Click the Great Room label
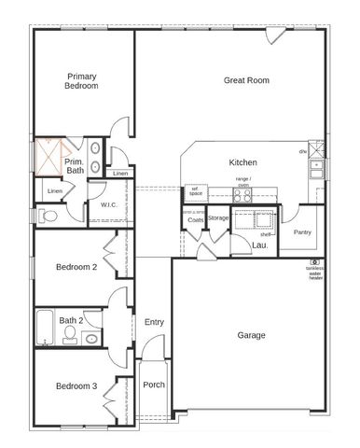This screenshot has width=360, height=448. click(x=246, y=80)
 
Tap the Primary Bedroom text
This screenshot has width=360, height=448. click(x=82, y=80)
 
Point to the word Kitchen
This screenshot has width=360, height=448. click(x=242, y=162)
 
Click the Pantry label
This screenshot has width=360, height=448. click(x=302, y=231)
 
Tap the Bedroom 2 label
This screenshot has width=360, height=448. click(x=76, y=267)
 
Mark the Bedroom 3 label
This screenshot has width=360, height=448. click(x=76, y=385)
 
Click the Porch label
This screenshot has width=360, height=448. click(x=153, y=385)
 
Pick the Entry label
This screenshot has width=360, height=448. click(x=154, y=322)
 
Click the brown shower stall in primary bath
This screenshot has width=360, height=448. click(x=47, y=159)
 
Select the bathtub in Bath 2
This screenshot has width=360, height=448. click(x=46, y=329)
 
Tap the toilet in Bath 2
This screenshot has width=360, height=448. click(x=91, y=339)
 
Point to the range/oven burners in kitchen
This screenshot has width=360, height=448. click(x=242, y=195)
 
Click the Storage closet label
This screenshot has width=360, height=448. click(x=218, y=218)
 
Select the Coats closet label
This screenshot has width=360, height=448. click(x=195, y=220)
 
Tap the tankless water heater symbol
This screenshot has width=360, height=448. click(x=317, y=262)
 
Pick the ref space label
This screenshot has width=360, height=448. click(x=196, y=191)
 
